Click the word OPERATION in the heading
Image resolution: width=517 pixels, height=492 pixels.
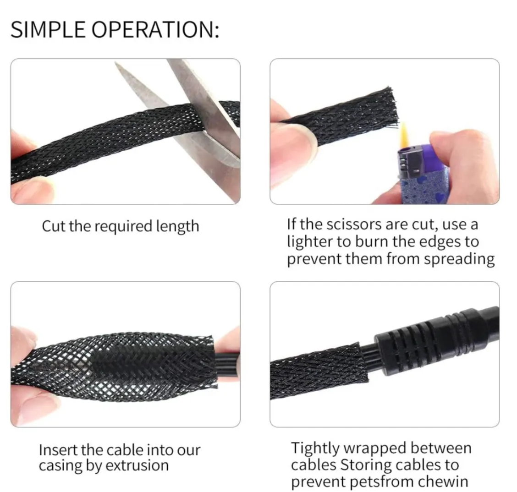(154, 30)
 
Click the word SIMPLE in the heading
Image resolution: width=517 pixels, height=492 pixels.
(48, 30)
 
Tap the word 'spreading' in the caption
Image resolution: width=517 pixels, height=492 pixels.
(459, 259)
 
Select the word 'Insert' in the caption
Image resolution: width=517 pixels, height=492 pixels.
(58, 450)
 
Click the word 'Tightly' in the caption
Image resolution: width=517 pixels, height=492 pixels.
(315, 448)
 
